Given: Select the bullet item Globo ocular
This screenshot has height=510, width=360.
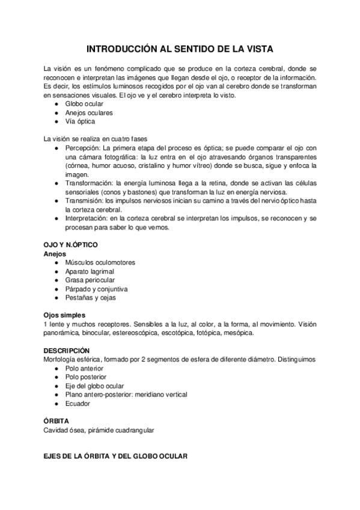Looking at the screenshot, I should [x=84, y=104].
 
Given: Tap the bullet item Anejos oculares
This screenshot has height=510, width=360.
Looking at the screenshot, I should [x=89, y=112].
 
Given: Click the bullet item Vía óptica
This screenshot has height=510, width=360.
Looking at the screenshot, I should [x=81, y=121].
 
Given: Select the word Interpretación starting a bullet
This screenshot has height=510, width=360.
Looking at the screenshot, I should [x=88, y=219].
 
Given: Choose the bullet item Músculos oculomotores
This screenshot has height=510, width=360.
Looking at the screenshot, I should [x=100, y=263].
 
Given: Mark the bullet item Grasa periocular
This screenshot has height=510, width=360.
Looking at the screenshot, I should [x=90, y=280].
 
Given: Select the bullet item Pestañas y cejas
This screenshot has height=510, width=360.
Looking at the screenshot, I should [x=91, y=297].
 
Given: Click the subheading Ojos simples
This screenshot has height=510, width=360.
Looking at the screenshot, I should [x=64, y=315].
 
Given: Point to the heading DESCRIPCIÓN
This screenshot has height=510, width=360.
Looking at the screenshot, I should [x=67, y=351].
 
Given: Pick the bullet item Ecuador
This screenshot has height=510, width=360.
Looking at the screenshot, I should [x=78, y=404].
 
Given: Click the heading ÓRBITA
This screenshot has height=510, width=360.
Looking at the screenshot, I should [x=56, y=422].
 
